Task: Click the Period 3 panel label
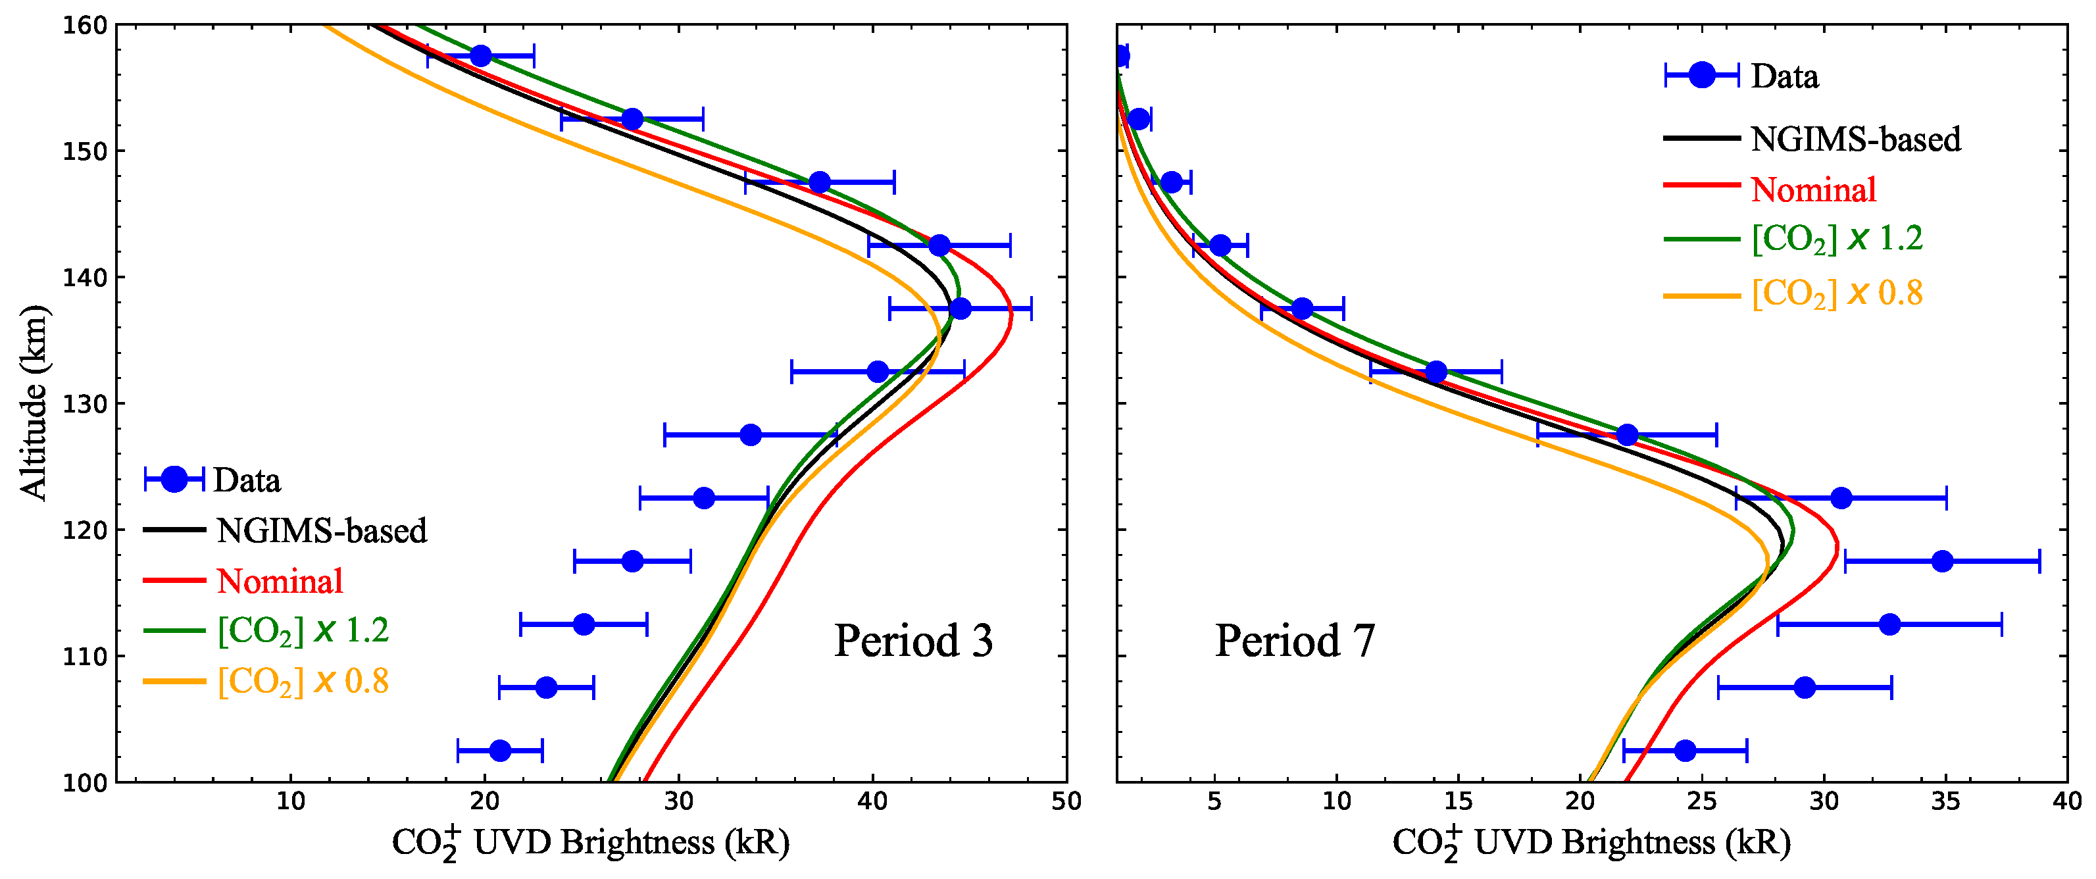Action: tap(913, 641)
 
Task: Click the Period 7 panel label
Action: tap(1295, 641)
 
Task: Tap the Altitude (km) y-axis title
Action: tap(34, 402)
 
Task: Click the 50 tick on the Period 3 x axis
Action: tap(1066, 801)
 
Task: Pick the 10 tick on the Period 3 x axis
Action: tap(291, 801)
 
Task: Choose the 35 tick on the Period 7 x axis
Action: tap(1945, 801)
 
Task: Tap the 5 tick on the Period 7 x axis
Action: tap(1214, 801)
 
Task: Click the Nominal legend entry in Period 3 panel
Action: tap(280, 581)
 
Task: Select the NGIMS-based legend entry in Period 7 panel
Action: tap(1855, 139)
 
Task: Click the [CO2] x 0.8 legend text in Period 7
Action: tap(1836, 293)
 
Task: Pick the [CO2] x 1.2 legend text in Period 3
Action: tap(303, 630)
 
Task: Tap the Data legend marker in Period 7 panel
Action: tap(1701, 76)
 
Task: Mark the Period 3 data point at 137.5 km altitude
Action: tap(960, 309)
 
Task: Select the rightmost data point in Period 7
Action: tap(1942, 561)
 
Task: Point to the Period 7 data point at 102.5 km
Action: tap(1685, 751)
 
